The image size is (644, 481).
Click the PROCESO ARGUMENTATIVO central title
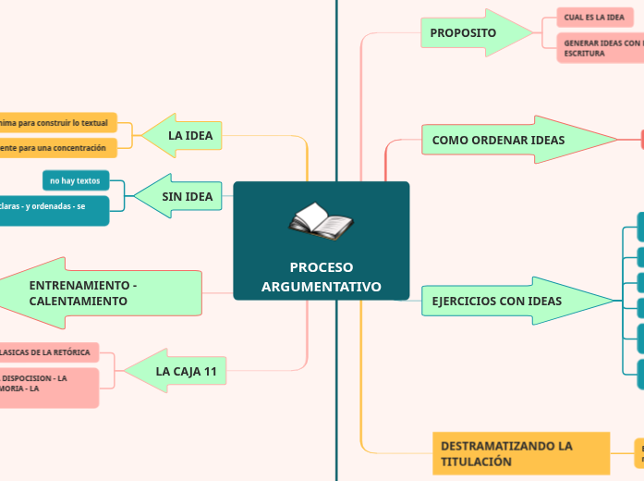point(321,277)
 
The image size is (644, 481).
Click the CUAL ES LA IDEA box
point(594,18)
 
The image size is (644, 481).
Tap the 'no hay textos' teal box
point(76,180)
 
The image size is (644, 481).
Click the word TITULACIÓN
point(476,462)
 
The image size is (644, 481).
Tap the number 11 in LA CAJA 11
point(210,371)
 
